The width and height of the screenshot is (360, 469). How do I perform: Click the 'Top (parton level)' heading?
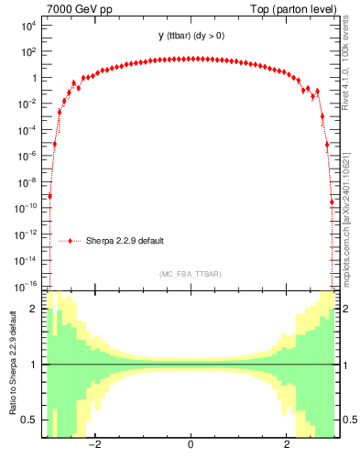tap(290, 9)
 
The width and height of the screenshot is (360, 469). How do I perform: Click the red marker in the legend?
tap(70, 241)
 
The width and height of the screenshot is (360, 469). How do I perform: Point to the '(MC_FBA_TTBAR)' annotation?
tap(190, 274)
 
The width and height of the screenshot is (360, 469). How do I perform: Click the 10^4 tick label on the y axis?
tap(28, 26)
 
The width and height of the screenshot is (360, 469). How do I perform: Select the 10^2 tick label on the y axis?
tap(28, 52)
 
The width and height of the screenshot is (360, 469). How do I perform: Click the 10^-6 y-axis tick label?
tap(27, 156)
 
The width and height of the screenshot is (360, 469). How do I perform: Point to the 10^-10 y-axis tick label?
tap(27, 208)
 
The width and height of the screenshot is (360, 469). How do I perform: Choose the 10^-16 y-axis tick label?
tap(27, 286)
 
